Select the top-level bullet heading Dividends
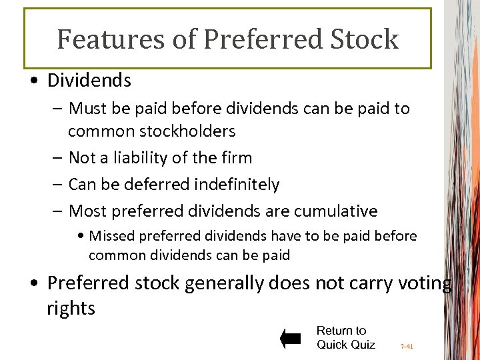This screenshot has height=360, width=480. (89, 81)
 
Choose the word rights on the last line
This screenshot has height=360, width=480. (71, 308)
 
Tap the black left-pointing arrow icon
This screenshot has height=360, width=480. (291, 339)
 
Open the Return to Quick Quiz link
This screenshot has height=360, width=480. (345, 337)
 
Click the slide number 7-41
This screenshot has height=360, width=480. (407, 347)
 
